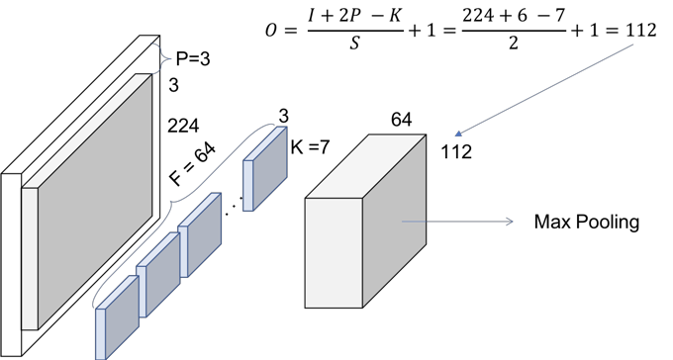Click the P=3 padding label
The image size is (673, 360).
[193, 58]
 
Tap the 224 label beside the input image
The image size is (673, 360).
[183, 127]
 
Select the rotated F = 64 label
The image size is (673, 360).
[193, 164]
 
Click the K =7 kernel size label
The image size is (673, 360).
[310, 147]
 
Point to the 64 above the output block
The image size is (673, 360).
[401, 120]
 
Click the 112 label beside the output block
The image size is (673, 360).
[456, 152]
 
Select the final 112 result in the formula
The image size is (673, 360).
[641, 30]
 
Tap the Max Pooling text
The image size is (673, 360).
[587, 222]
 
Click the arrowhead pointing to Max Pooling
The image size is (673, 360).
[510, 222]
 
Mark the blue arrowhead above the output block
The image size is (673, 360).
[458, 134]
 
